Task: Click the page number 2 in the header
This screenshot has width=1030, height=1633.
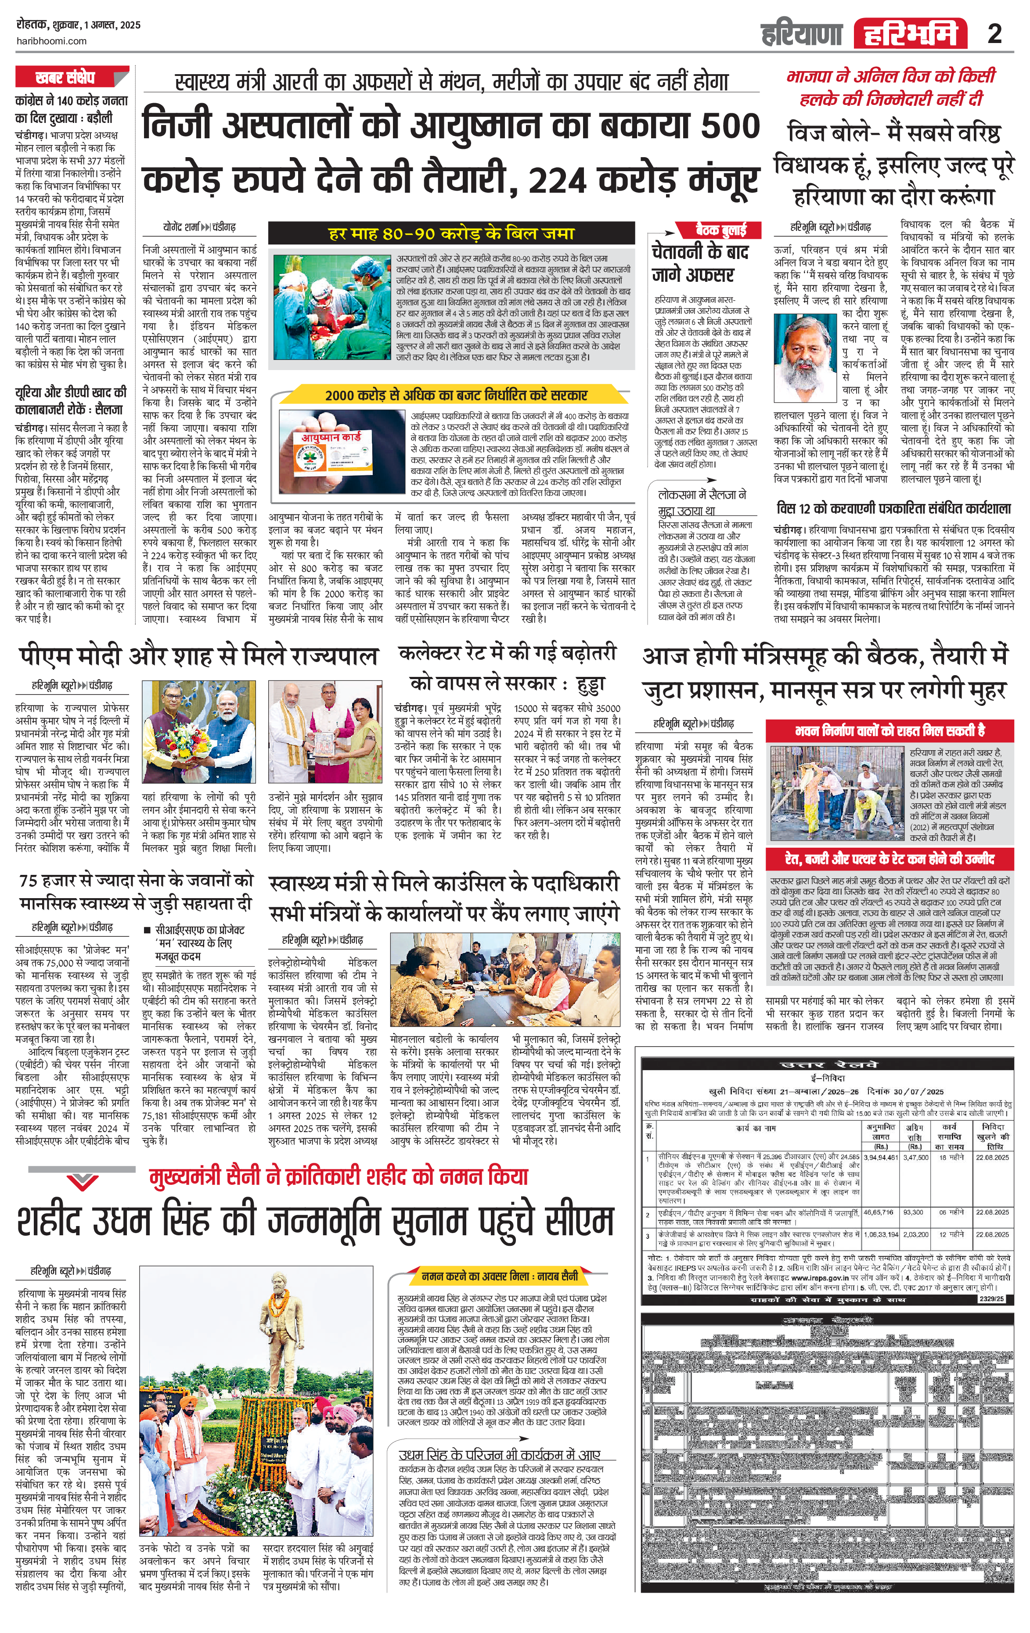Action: (995, 33)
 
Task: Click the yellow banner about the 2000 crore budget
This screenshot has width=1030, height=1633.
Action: (455, 395)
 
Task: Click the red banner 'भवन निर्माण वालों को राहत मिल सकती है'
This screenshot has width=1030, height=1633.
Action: (890, 731)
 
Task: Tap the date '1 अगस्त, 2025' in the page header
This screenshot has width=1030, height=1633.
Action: (112, 25)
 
